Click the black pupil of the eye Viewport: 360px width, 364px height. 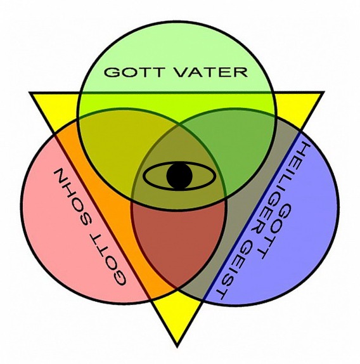pos(179,176)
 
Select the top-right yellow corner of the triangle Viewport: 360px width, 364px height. pos(321,93)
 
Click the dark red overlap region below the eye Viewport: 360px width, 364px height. pos(178,242)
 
